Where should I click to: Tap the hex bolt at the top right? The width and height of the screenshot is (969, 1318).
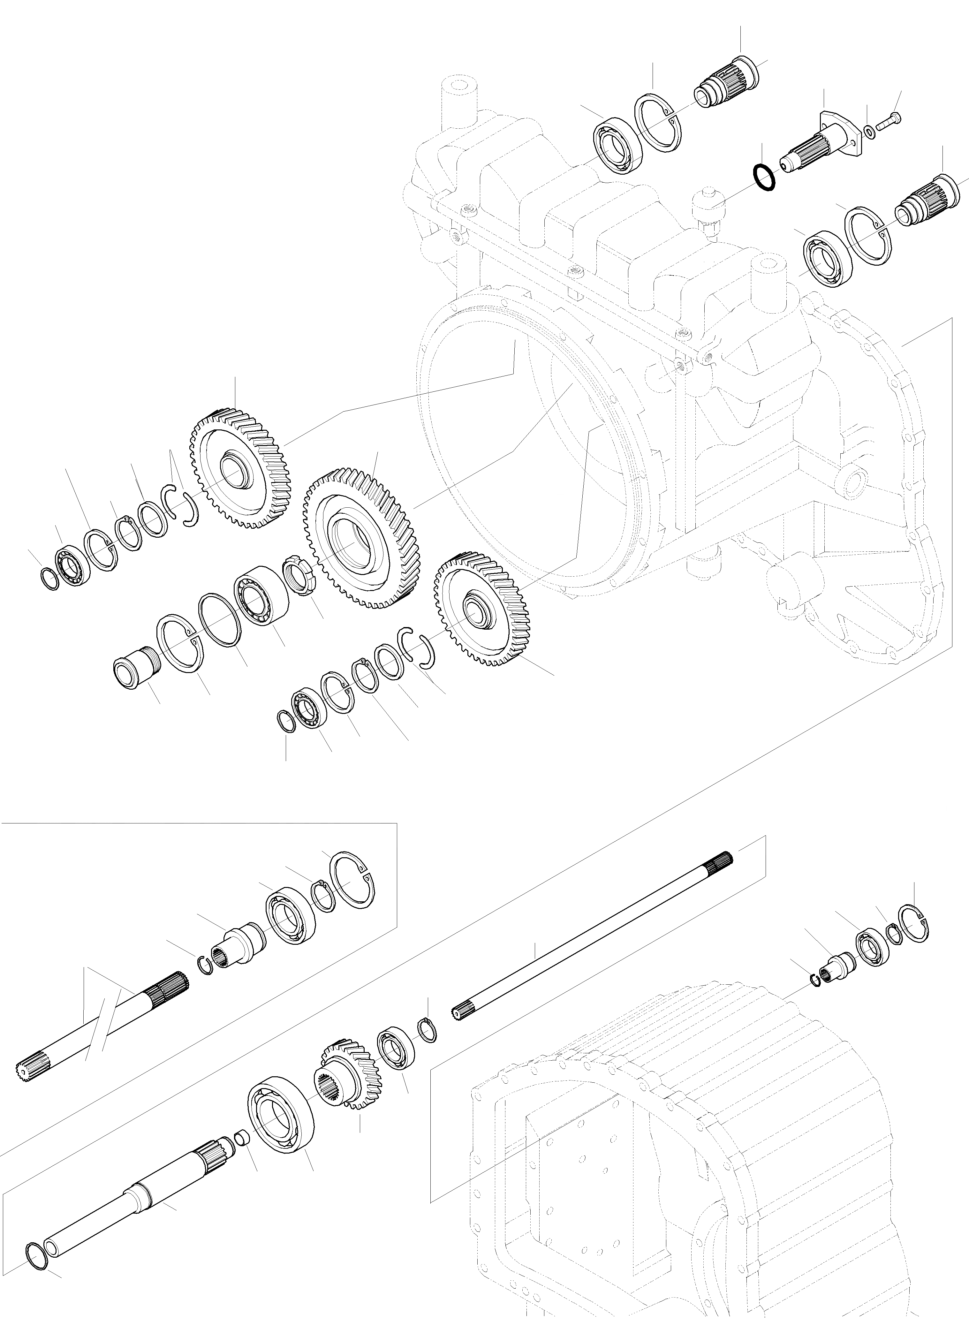pyautogui.click(x=888, y=121)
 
